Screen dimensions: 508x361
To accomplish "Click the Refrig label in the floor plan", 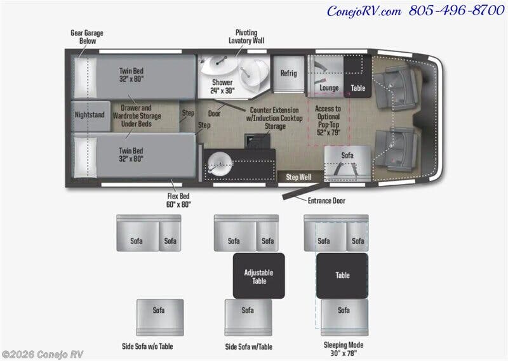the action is (288, 73).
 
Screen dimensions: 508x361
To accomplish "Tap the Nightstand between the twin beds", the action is (90, 116).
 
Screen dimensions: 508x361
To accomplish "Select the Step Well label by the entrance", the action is (298, 177).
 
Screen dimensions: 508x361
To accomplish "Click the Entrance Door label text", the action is (326, 200).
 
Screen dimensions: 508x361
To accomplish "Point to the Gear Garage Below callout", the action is (87, 37).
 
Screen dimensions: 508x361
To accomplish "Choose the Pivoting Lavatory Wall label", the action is (246, 37).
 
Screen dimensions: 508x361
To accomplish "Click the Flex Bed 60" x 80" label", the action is (178, 200).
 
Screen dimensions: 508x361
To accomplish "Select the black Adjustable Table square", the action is (259, 276).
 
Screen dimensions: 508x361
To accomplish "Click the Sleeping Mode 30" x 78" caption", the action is (344, 349).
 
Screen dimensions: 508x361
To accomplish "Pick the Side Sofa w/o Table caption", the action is (147, 346).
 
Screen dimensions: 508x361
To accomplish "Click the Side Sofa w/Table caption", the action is (248, 347).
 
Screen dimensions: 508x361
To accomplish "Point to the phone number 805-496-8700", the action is (456, 10).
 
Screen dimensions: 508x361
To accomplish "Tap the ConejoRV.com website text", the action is (364, 11).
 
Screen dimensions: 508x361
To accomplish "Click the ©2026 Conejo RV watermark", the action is (43, 355).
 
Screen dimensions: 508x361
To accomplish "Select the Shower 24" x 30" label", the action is (222, 86).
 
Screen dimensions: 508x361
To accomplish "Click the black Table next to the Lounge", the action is (358, 76).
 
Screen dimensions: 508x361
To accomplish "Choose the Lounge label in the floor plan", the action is (329, 88).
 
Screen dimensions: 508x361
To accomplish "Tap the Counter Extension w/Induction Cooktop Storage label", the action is (274, 118).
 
